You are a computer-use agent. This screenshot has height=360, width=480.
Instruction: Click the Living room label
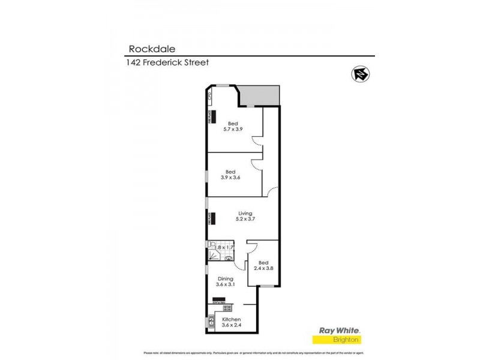point(245,213)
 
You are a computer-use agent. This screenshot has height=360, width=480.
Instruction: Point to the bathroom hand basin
point(229,256)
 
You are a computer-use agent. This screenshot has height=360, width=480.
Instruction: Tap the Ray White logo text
point(337,331)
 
